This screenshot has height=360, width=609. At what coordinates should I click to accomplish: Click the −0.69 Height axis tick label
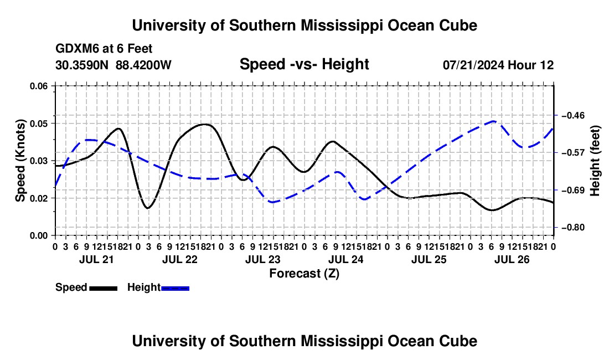click(x=573, y=190)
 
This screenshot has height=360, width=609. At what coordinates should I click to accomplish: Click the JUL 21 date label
click(x=96, y=259)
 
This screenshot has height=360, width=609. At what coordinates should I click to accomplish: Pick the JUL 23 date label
click(x=262, y=259)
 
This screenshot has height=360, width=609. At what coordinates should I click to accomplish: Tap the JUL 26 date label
click(x=512, y=259)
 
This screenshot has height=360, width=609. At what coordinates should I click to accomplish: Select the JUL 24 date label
click(x=345, y=259)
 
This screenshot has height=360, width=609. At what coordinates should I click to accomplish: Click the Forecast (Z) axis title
click(x=304, y=274)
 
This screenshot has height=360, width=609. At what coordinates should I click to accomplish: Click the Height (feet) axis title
click(x=595, y=161)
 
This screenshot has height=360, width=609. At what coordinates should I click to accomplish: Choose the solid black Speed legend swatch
click(x=104, y=288)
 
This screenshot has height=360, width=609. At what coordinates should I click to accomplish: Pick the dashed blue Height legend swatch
click(x=175, y=288)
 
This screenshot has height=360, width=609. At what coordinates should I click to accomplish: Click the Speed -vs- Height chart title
click(x=304, y=64)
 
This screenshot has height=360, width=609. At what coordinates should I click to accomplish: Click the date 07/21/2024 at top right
click(x=474, y=65)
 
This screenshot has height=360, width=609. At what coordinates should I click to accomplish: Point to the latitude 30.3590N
click(x=82, y=65)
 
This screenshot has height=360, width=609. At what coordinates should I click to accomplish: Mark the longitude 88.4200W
click(x=143, y=65)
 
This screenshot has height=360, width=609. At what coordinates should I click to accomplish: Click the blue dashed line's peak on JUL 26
click(x=493, y=121)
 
